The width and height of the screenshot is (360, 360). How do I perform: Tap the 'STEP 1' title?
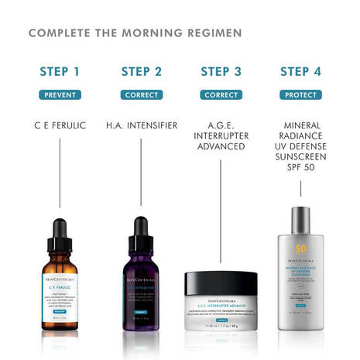click(x=60, y=72)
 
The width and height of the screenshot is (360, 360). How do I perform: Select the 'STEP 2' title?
click(x=141, y=72)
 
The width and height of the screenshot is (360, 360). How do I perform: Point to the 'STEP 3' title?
click(x=221, y=72)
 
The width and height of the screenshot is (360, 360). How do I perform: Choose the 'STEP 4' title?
click(x=302, y=72)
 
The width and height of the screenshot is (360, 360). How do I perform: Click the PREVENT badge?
click(x=60, y=95)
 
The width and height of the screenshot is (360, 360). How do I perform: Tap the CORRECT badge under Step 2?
click(x=141, y=95)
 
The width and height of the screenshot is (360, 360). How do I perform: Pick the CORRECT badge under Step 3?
click(x=221, y=95)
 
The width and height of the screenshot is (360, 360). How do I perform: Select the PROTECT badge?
click(x=302, y=95)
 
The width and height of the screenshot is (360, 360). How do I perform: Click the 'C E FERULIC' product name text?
click(x=60, y=125)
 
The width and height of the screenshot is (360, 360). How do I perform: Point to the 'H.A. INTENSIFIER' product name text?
click(x=141, y=125)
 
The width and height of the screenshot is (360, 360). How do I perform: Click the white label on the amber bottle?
click(x=60, y=294)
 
